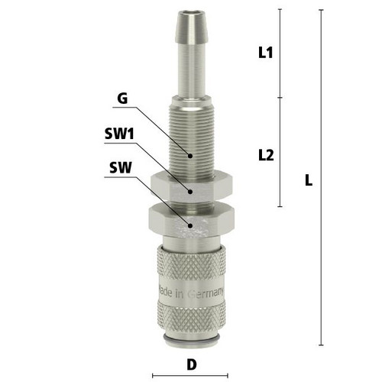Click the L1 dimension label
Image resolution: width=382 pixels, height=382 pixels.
coord(265,53)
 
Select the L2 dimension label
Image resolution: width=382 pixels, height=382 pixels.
coord(266,155)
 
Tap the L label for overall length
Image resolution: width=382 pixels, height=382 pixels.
coord(309,180)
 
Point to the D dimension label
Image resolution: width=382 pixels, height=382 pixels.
coord(192,364)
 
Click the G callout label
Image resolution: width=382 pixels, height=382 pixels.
coord(122,99)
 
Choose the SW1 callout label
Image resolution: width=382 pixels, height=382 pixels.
coord(119,134)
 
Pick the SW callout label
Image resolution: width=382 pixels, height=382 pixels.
coord(121,167)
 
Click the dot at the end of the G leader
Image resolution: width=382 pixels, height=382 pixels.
coord(190,156)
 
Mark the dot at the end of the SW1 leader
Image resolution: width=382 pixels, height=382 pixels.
coord(190,192)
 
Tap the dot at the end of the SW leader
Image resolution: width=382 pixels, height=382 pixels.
coord(190,225)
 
